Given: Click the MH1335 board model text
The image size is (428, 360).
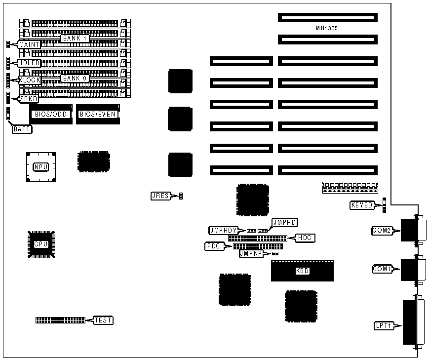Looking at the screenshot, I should (x=327, y=28).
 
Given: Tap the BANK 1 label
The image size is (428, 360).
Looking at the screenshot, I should (x=75, y=38).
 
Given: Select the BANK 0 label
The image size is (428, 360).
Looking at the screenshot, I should (x=75, y=78).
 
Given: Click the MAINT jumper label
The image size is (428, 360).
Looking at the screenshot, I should (x=29, y=44).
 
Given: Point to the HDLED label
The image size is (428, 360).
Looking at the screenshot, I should (x=29, y=63).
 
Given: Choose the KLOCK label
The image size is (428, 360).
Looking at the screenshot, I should (x=29, y=80).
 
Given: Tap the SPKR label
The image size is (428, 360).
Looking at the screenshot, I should (x=28, y=98).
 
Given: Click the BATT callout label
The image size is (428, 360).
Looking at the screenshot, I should (x=23, y=129).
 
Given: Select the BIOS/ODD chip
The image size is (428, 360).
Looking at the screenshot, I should (x=48, y=114).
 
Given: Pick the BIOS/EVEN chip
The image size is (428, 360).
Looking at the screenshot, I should (x=97, y=114).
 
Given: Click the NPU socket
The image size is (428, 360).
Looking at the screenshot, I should (x=40, y=167).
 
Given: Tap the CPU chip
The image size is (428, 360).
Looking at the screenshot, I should (x=40, y=244).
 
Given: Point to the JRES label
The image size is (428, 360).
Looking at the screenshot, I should (x=160, y=196).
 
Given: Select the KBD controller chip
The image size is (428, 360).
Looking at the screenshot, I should (x=302, y=271).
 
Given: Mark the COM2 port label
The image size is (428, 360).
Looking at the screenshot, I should (x=382, y=230).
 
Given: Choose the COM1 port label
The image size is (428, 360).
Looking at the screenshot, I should (x=382, y=269).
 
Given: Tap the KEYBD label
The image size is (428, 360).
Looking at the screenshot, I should (x=361, y=205).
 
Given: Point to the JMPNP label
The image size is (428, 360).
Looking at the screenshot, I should (x=251, y=253).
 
